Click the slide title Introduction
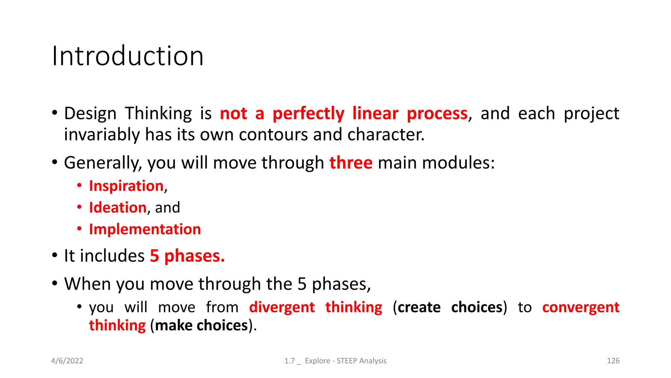tap(128, 56)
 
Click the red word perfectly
tap(308, 114)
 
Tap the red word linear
tap(375, 113)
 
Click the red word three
tap(351, 163)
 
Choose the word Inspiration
tap(126, 186)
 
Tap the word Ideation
tap(118, 208)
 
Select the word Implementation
tap(145, 229)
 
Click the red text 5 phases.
tap(187, 256)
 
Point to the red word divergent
tap(282, 307)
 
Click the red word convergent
tap(581, 307)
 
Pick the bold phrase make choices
tap(201, 325)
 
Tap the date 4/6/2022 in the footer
tap(67, 361)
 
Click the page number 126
tap(613, 361)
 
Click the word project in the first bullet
tap(591, 114)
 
